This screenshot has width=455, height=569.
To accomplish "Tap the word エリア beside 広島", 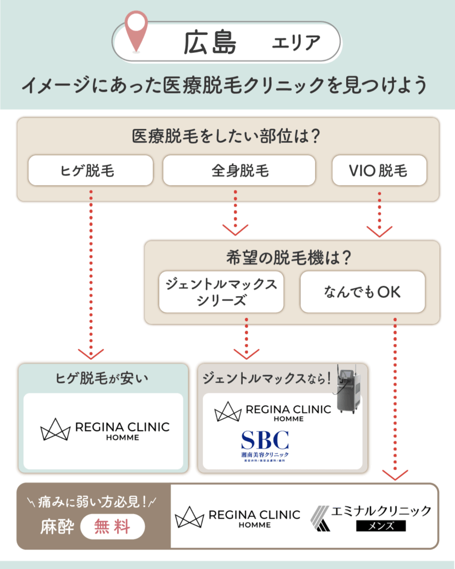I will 296,43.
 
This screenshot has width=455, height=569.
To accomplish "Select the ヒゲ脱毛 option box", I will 91,170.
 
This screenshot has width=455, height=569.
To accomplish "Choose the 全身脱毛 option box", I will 239,170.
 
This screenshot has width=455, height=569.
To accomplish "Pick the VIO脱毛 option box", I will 379,170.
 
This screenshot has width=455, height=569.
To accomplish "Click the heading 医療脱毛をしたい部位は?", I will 227,136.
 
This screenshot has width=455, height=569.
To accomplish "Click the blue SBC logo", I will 265,444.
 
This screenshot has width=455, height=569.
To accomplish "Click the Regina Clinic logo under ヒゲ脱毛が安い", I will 105,431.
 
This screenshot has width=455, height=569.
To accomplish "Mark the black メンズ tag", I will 381,526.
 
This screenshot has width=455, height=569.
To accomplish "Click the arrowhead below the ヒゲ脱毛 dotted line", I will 91,354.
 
